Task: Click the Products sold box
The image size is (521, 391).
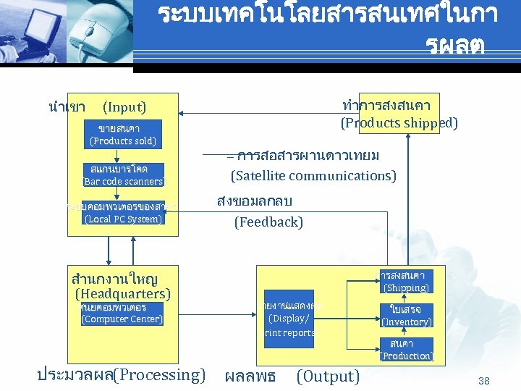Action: (123, 135)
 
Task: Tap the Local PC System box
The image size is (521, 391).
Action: (123, 213)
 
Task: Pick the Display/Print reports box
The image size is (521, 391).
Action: (289, 319)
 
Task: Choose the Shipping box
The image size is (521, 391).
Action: (406, 282)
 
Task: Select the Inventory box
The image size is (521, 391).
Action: (406, 315)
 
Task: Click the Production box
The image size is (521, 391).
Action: (406, 349)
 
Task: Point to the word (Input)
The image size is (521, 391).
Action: (124, 107)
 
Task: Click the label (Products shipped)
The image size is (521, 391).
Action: (399, 123)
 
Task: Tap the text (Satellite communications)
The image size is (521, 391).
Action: (313, 175)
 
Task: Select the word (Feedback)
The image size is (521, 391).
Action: (268, 222)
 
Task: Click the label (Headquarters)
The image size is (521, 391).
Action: (122, 293)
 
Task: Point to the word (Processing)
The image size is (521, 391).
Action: (159, 375)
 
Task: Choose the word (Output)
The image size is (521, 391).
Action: (328, 377)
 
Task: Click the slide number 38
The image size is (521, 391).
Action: (484, 380)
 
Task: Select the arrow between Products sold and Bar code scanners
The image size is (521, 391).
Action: (123, 154)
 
